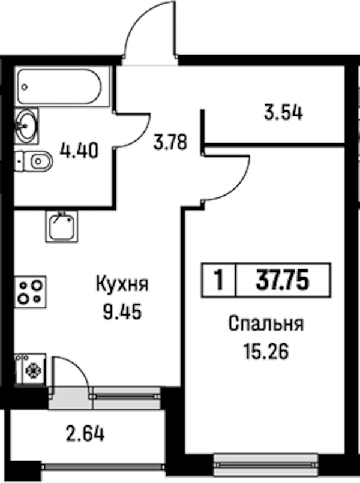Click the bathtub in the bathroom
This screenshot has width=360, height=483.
click(x=59, y=87)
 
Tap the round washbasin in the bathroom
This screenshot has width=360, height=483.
click(x=26, y=125)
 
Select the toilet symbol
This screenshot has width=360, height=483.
click(x=34, y=161)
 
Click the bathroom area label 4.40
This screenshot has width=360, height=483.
click(x=79, y=151)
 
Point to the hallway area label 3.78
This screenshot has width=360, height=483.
click(x=170, y=142)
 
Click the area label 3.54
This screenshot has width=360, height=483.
click(x=284, y=113)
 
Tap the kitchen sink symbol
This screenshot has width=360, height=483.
click(x=62, y=226)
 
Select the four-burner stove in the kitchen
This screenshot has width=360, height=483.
click(x=30, y=292)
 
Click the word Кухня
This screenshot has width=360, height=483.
click(x=122, y=284)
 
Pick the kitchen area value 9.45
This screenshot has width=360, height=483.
click(x=122, y=312)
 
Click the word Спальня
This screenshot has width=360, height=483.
click(x=266, y=324)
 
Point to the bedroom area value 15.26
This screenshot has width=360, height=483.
click(x=266, y=352)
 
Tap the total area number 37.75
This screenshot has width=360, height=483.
click(x=283, y=280)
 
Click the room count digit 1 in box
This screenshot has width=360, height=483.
click(x=219, y=280)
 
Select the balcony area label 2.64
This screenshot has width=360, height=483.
click(x=85, y=434)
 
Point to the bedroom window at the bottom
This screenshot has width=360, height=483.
click(x=266, y=464)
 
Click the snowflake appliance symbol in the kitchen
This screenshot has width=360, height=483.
click(x=33, y=370)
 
